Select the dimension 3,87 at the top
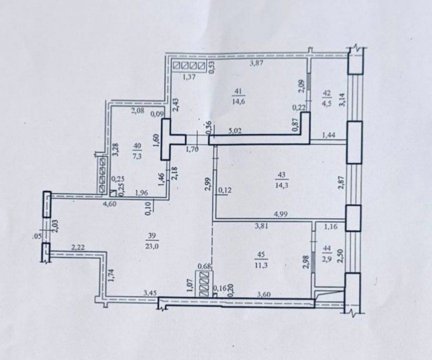257,63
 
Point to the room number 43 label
282,174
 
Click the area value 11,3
261,265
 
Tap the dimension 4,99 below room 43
281,214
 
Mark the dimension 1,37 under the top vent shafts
189,76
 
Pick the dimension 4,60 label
110,204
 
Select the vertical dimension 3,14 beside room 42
343,100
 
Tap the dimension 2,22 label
78,247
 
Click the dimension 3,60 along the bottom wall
264,294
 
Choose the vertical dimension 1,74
111,275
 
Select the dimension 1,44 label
328,135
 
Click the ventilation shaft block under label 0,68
204,284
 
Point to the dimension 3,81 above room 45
261,226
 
